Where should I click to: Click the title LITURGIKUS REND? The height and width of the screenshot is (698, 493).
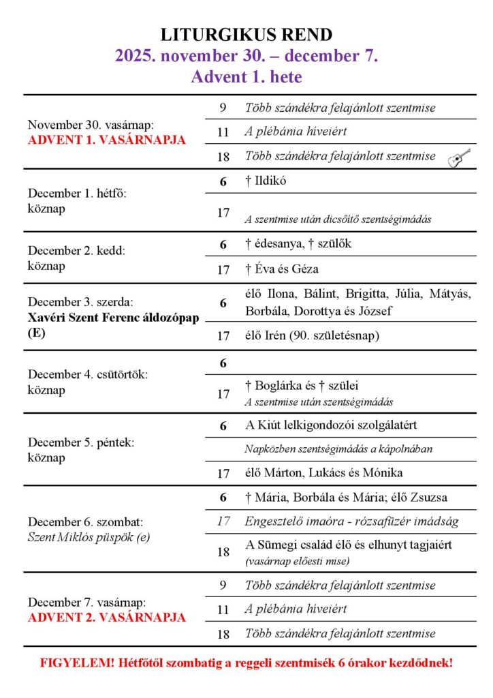point(246,35)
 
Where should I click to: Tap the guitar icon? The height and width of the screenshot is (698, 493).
point(459,157)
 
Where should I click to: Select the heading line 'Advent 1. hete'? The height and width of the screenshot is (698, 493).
point(246,77)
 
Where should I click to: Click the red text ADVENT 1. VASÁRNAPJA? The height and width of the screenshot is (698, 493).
point(107,140)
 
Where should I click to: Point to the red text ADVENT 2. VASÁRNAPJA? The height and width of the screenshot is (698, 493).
point(107,618)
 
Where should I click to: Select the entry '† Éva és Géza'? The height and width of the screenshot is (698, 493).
point(282,269)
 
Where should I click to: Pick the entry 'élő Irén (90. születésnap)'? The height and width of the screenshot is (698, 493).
point(313,335)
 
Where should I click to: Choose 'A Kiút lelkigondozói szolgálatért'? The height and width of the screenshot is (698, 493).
point(331,425)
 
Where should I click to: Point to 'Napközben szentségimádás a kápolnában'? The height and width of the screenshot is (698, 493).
point(338,449)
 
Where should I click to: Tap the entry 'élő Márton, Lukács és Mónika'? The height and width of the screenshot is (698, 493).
point(323,472)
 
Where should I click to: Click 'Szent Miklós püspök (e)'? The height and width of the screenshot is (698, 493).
point(89,537)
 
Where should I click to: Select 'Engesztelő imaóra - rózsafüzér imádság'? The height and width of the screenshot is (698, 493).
point(350,522)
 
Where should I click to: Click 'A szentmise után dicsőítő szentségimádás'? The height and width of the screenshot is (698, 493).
point(338,220)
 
